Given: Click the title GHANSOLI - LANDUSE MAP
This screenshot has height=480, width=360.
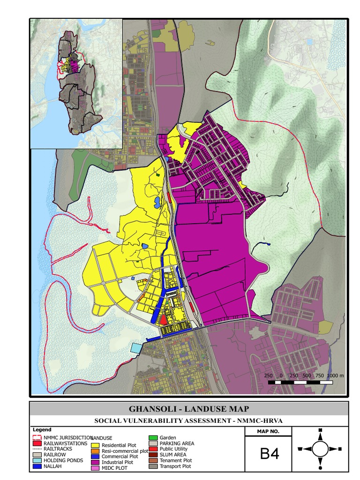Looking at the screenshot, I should click(x=189, y=409).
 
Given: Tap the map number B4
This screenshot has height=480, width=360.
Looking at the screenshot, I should click(x=269, y=454).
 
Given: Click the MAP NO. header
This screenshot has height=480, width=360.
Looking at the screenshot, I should click(x=268, y=431).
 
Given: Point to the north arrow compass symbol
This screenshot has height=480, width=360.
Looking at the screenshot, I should click(x=320, y=449).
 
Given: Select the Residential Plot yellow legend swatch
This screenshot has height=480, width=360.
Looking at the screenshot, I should click(x=96, y=445).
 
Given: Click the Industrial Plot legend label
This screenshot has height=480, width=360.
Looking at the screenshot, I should click(x=117, y=462).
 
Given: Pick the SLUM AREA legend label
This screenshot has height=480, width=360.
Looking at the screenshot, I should click(x=173, y=455).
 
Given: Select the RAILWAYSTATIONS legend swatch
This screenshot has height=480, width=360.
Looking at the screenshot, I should click(x=37, y=443).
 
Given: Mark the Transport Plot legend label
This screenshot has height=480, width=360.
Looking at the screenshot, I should click(x=175, y=466).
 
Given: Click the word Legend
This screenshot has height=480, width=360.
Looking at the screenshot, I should click(x=42, y=429).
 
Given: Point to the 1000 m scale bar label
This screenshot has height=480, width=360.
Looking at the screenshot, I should click(x=335, y=375).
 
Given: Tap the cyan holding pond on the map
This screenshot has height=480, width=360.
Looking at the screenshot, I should click(x=136, y=347).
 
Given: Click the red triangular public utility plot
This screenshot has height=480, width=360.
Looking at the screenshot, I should click(x=163, y=320).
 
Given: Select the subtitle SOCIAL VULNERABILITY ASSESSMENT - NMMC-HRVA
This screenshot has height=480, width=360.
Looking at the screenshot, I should click(x=189, y=420).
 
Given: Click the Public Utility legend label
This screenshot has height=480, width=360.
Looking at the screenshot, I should click(x=173, y=449).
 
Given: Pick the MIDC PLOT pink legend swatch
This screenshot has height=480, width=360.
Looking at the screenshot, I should click(x=96, y=467).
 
